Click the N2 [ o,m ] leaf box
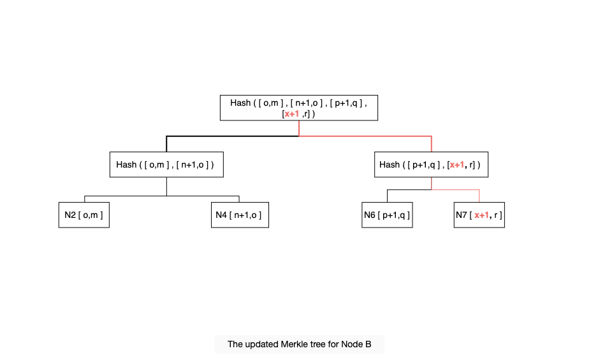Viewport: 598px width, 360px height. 84,215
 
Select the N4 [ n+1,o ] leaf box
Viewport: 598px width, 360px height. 240,215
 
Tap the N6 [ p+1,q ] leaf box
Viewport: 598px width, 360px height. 387,215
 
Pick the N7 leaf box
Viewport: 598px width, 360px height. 479,215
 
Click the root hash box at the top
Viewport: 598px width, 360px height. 299,108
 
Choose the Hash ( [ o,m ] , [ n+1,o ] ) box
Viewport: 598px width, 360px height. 166,165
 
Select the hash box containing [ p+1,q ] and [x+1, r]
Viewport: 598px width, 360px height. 432,165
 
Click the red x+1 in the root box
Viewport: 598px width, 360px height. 292,113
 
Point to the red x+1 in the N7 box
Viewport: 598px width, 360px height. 481,215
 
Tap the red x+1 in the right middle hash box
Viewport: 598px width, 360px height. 457,165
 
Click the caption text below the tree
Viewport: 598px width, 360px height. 300,344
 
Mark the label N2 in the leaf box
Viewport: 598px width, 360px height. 70,215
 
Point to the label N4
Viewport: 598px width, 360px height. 221,215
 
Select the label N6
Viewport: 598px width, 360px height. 370,215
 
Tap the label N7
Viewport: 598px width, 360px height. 462,215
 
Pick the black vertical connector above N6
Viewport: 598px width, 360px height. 387,196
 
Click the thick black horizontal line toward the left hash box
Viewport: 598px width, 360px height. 233,136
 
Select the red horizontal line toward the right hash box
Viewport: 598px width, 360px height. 365,136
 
